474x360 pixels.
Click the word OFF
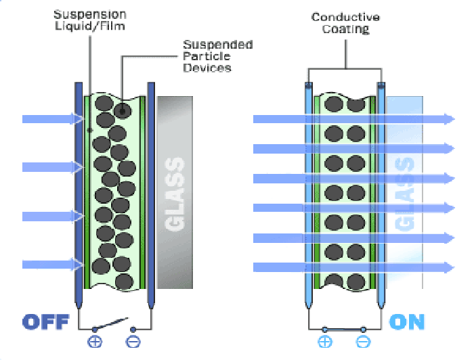click(45, 321)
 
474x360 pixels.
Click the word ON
click(407, 321)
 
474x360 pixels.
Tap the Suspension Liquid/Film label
click(91, 20)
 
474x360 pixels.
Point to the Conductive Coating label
click(345, 24)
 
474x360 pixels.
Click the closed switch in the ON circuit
click(344, 329)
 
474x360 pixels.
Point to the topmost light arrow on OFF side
click(51, 119)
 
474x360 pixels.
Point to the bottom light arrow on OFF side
click(51, 265)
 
